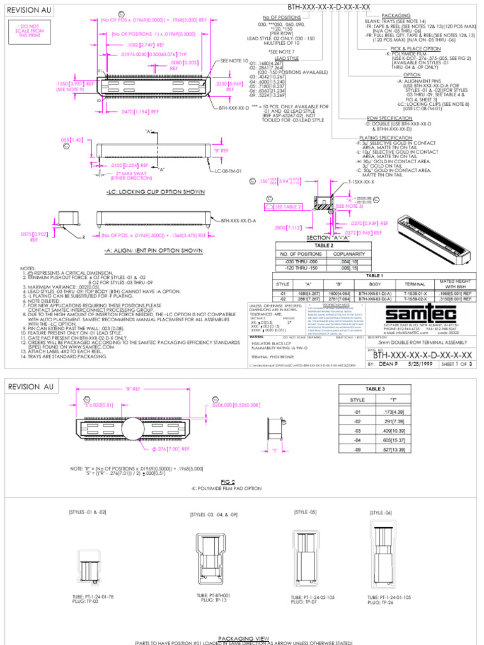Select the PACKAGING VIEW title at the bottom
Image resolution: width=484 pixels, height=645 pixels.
click(x=242, y=637)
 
